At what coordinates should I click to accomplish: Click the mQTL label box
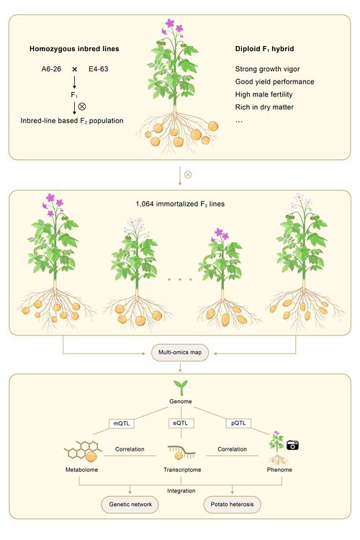tap(121, 423)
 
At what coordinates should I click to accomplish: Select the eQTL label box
tap(181, 423)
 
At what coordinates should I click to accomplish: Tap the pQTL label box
tap(238, 423)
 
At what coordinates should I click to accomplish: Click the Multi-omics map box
tap(180, 353)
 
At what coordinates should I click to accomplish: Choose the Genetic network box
tap(130, 505)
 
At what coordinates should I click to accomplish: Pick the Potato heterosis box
tap(232, 505)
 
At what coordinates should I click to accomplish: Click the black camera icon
tap(292, 445)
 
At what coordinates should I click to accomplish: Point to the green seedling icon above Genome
tap(181, 388)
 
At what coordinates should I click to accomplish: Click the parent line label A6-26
tap(51, 69)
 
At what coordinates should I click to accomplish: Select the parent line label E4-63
tap(99, 69)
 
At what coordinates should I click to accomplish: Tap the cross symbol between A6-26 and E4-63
tap(74, 69)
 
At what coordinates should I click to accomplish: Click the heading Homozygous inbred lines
tap(74, 49)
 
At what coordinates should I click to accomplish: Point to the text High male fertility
tap(264, 94)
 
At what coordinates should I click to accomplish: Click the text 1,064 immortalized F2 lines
tap(180, 204)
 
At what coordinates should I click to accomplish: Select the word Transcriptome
tap(182, 469)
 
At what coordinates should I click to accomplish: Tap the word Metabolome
tap(81, 469)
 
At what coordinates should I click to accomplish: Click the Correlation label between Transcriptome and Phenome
tap(232, 449)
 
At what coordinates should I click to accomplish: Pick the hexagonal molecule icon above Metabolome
tap(83, 451)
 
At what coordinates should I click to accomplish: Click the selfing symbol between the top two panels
tap(188, 175)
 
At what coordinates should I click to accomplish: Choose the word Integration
tap(181, 491)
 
